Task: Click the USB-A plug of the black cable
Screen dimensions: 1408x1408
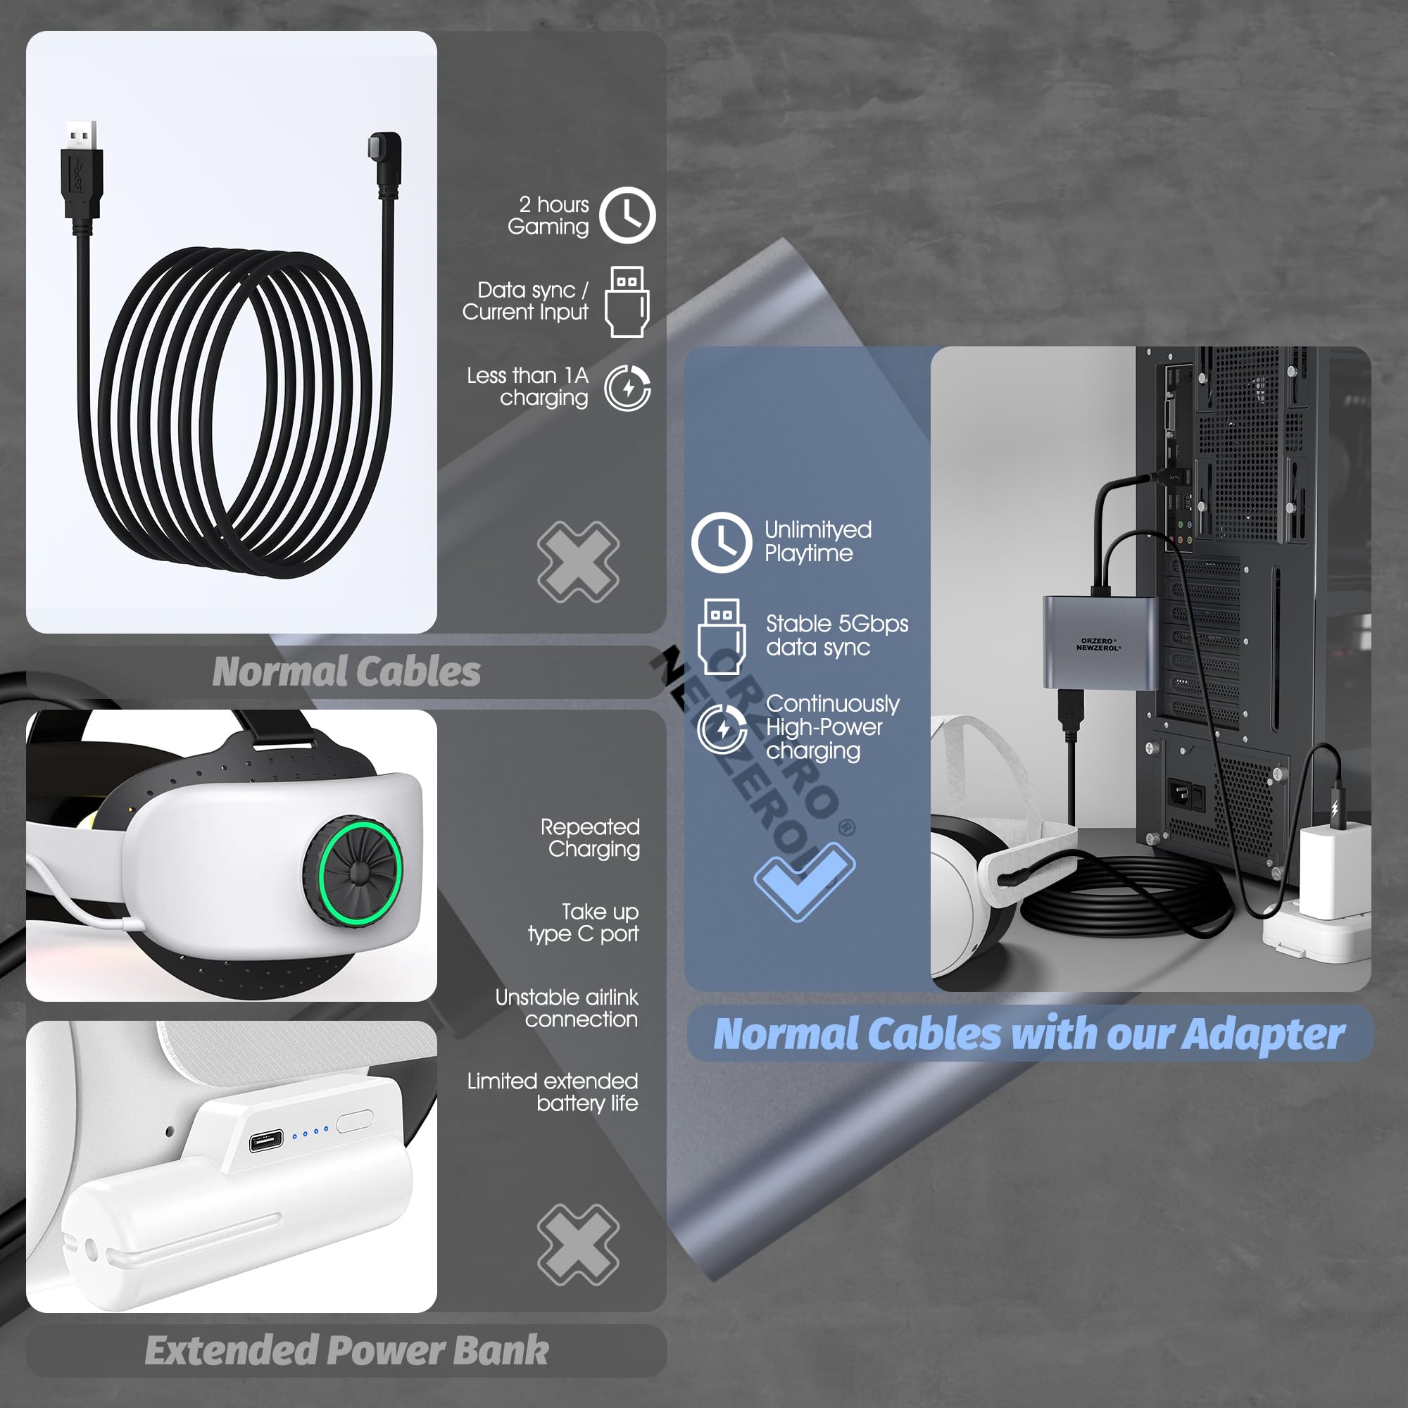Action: click(81, 171)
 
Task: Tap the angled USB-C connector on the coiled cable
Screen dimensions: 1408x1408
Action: click(386, 162)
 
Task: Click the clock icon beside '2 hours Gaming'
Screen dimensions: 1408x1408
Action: click(627, 215)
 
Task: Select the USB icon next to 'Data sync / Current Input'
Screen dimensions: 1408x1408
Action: click(627, 302)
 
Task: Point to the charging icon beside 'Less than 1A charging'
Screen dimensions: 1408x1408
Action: click(627, 388)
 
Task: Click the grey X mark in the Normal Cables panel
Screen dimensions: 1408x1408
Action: click(578, 562)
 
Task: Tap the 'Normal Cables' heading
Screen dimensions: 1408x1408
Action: click(346, 671)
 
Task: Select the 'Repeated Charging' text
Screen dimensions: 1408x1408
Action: click(591, 837)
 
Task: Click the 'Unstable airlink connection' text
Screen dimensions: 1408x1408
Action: click(567, 1008)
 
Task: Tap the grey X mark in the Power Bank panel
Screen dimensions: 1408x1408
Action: click(578, 1245)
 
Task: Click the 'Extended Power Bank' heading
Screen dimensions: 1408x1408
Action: click(346, 1350)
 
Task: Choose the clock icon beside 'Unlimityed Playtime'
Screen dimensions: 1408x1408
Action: click(722, 541)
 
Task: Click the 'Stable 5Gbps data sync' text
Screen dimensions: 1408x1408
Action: click(836, 635)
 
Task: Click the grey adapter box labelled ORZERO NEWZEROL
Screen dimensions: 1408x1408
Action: click(1100, 641)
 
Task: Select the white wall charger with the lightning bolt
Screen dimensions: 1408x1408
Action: click(1331, 871)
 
